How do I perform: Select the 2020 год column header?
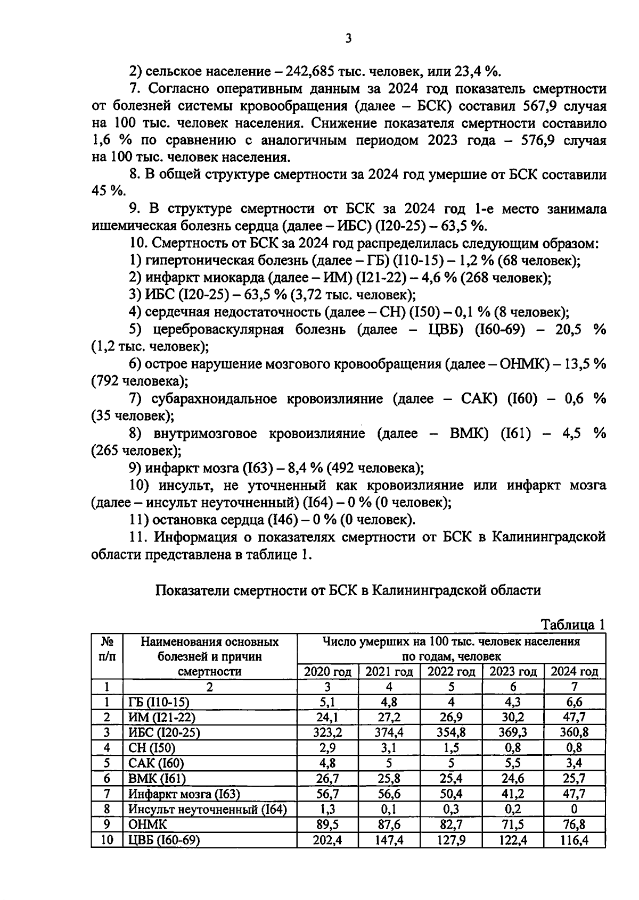click(x=327, y=671)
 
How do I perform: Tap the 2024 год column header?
click(x=575, y=671)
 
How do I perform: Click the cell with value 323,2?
click(x=327, y=732)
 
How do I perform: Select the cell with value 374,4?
click(x=389, y=732)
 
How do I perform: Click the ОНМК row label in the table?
click(x=148, y=825)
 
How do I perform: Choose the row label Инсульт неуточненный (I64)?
click(x=208, y=810)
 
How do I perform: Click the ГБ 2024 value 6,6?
click(x=575, y=702)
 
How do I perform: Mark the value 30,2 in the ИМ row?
click(x=513, y=717)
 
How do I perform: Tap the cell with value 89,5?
click(x=327, y=825)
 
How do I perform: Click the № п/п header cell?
click(x=106, y=649)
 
